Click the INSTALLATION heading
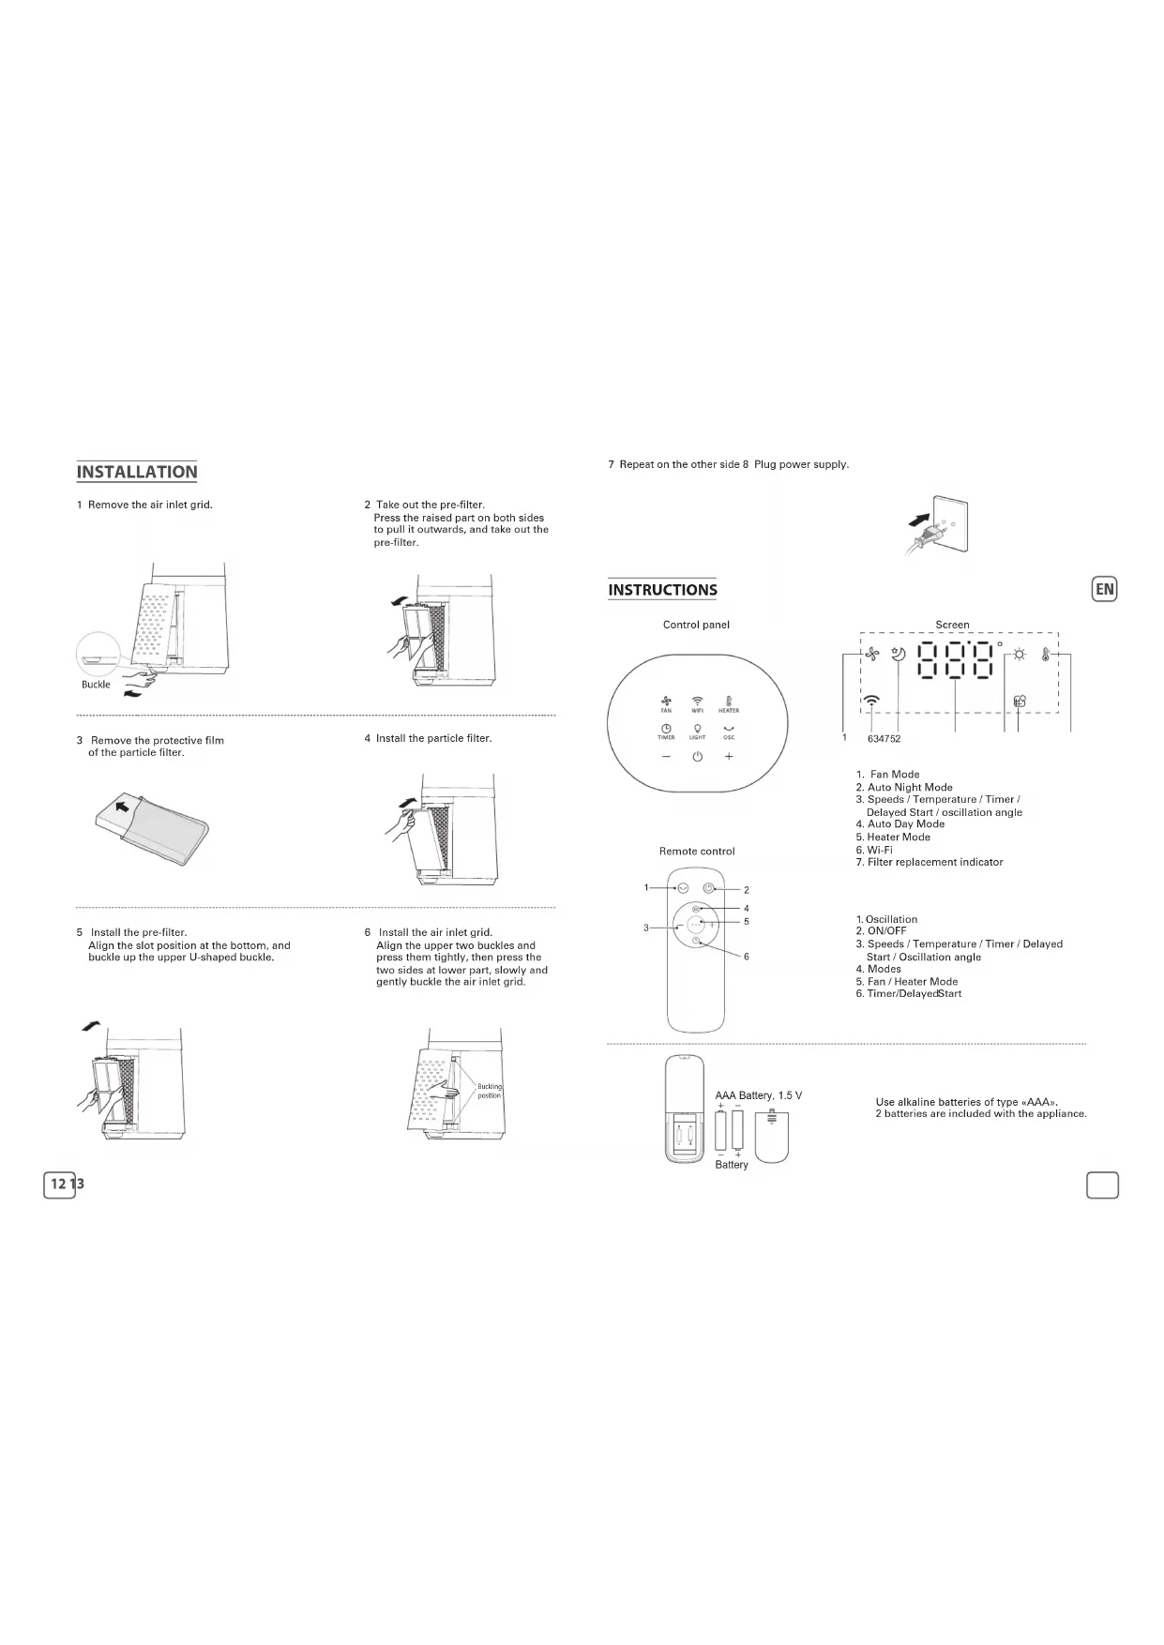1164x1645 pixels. (x=137, y=472)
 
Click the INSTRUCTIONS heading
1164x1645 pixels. (x=662, y=590)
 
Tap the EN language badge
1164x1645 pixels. (x=1105, y=589)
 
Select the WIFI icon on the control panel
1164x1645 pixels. (x=697, y=703)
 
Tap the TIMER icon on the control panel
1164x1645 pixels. (x=666, y=731)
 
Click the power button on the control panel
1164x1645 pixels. (x=697, y=757)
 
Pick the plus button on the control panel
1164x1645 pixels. (x=729, y=757)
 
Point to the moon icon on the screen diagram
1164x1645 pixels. (x=899, y=656)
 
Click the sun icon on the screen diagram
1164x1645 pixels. (x=1019, y=656)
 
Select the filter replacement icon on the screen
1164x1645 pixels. (x=1020, y=701)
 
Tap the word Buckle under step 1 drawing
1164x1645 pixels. (x=96, y=685)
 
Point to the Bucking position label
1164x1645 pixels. (x=490, y=1091)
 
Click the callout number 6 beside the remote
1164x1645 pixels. (x=747, y=957)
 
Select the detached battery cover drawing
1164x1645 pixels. (x=771, y=1136)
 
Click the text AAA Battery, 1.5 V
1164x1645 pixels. (x=758, y=1095)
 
